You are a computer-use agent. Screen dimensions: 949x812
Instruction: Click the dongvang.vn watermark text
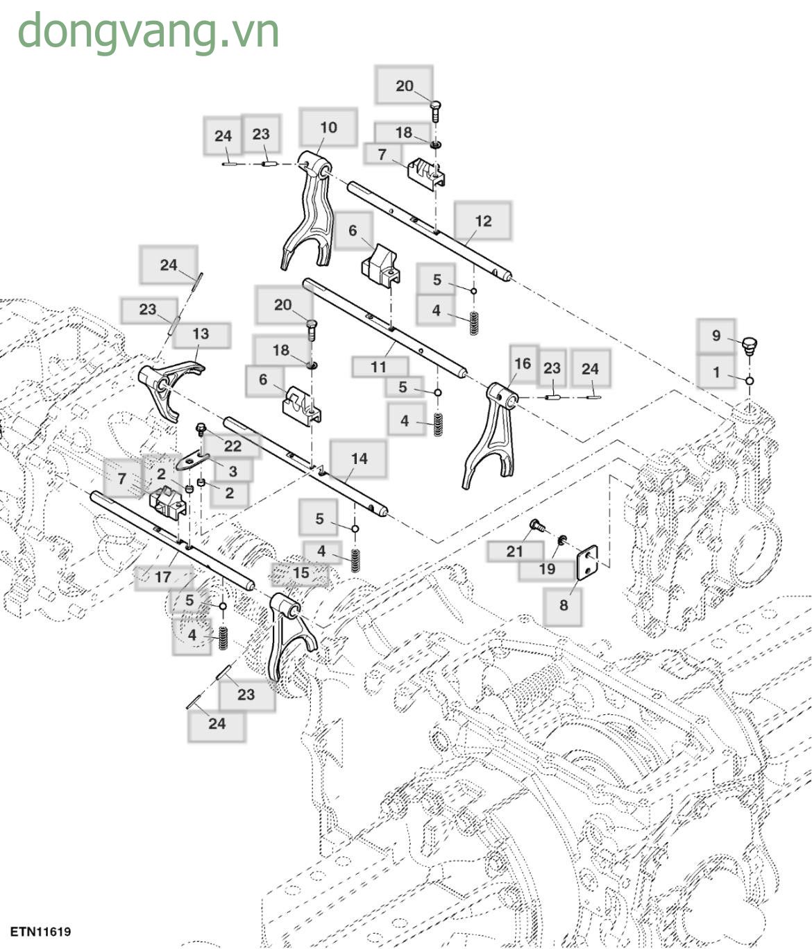pyautogui.click(x=148, y=31)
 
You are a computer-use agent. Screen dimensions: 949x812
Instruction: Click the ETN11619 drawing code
pyautogui.click(x=40, y=931)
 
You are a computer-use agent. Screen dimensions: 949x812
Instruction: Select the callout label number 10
pyautogui.click(x=328, y=128)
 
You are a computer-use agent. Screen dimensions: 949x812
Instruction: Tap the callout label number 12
pyautogui.click(x=483, y=221)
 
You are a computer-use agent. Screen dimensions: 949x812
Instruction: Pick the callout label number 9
pyautogui.click(x=716, y=336)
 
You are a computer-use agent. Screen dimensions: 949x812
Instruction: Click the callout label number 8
pyautogui.click(x=563, y=605)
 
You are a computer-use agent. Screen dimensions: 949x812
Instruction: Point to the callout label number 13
pyautogui.click(x=201, y=334)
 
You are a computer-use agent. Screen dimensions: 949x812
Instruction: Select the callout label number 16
pyautogui.click(x=523, y=363)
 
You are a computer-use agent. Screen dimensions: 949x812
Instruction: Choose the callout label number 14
pyautogui.click(x=359, y=459)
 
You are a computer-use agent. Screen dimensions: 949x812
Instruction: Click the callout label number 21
pyautogui.click(x=514, y=552)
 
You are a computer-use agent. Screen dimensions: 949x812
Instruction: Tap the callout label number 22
pyautogui.click(x=232, y=446)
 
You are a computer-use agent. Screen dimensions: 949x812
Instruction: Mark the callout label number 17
pyautogui.click(x=162, y=577)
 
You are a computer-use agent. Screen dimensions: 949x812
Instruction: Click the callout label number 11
pyautogui.click(x=378, y=367)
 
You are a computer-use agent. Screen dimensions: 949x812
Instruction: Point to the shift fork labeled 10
pyautogui.click(x=309, y=208)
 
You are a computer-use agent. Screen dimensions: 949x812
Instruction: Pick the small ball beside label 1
pyautogui.click(x=750, y=381)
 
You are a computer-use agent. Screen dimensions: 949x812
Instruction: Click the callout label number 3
pyautogui.click(x=232, y=471)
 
